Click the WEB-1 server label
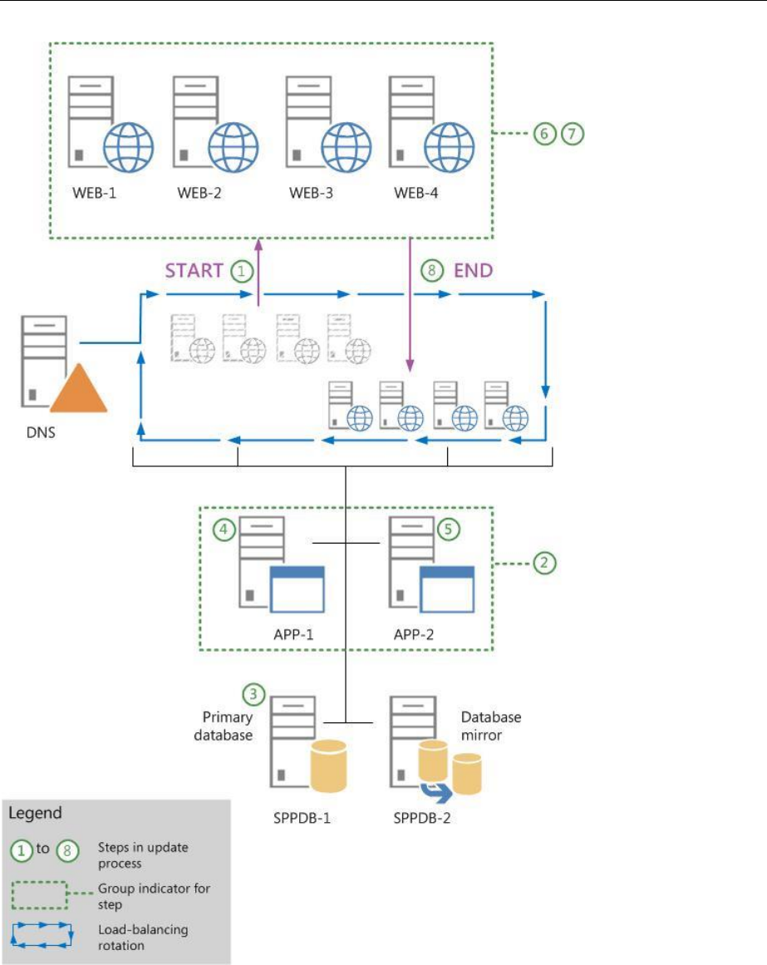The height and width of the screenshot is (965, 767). point(94,194)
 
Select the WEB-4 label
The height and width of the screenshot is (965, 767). point(415,194)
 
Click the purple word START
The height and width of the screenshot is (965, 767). point(194,270)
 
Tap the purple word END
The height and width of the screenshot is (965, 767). point(473,270)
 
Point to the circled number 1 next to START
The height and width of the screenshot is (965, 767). point(241,270)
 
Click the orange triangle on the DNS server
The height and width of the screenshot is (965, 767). point(78,391)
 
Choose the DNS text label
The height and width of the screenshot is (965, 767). point(41,433)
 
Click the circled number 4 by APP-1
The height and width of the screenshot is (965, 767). point(223,529)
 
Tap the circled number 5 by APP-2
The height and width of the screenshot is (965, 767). point(448,529)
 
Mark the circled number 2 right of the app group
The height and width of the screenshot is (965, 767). point(545,563)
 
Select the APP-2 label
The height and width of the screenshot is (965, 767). point(415,634)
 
